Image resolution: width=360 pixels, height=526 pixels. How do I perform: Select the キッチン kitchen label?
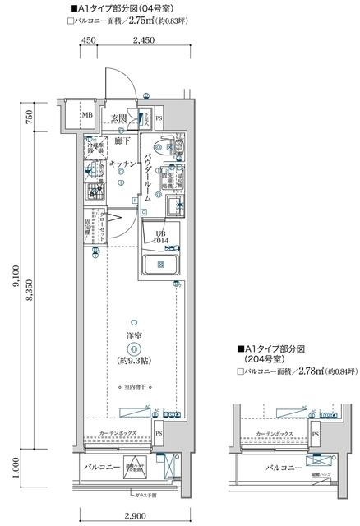click(122, 164)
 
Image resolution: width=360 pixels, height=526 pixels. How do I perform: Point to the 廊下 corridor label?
click(122, 141)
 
